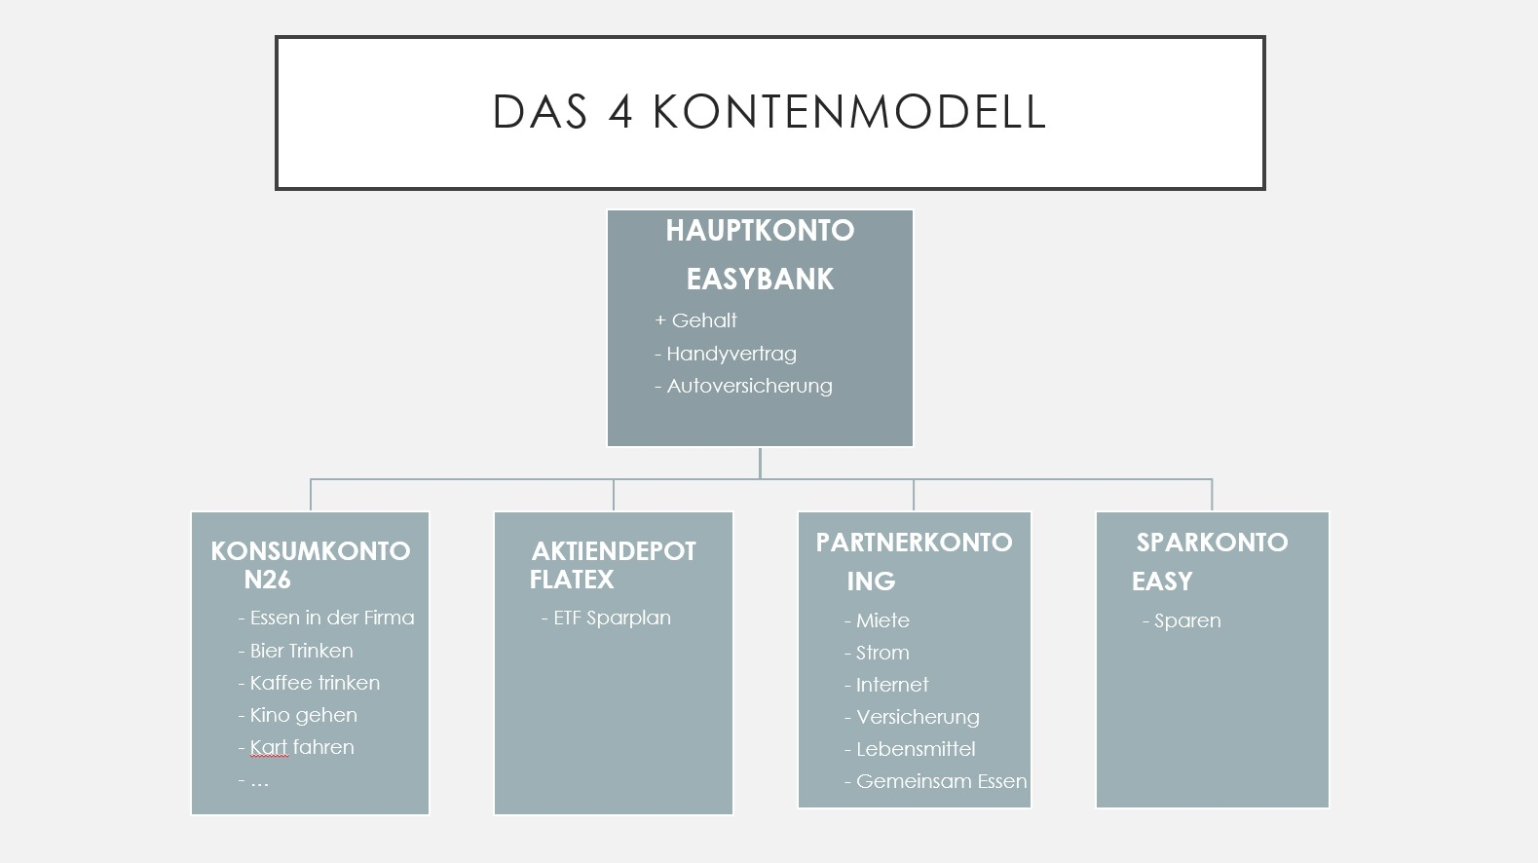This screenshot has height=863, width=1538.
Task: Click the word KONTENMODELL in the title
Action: [x=849, y=112]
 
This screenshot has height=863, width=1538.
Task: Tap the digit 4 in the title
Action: [x=620, y=112]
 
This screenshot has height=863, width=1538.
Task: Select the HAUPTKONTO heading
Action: [x=760, y=231]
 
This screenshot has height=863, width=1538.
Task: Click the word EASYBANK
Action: [x=760, y=280]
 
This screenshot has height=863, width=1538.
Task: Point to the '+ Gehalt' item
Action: [x=695, y=320]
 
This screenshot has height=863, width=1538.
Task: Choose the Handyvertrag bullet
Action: [x=726, y=354]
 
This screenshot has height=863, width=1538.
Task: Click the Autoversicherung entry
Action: [x=743, y=386]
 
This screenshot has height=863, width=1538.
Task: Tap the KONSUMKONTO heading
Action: [x=311, y=551]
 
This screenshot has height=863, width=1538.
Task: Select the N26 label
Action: [x=267, y=581]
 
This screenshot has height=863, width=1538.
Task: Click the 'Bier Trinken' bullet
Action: [x=296, y=651]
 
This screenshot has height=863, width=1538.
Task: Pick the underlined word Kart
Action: [x=269, y=747]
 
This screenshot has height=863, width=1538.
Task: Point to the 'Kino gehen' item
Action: [x=298, y=715]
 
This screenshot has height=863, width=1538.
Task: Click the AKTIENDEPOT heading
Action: [x=614, y=551]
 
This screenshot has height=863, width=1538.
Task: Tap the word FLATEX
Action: [x=571, y=581]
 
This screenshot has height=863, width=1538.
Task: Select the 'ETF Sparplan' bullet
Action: [x=606, y=618]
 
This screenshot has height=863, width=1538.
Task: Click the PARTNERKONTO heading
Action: [x=914, y=544]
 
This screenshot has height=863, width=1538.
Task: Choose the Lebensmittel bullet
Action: [x=910, y=749]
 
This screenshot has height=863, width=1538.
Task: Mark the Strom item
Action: [x=877, y=653]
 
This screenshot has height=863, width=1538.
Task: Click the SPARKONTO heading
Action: [x=1212, y=544]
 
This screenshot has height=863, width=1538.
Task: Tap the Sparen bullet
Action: [x=1182, y=621]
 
